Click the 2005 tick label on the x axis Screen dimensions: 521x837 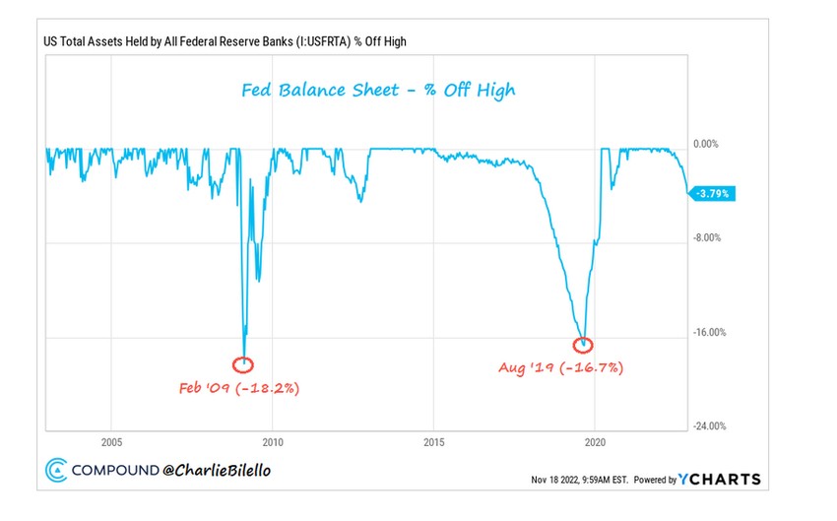point(110,442)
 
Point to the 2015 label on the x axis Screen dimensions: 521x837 point(434,442)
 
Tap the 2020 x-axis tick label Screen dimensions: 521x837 point(596,442)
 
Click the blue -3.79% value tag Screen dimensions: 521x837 point(712,194)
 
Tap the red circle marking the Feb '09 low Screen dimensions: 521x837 point(242,364)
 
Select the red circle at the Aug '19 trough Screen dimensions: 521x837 point(584,345)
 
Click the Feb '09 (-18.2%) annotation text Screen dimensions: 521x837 point(239,388)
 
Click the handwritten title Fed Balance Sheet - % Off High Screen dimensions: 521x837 point(379,91)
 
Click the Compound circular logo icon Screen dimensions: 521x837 point(56,471)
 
